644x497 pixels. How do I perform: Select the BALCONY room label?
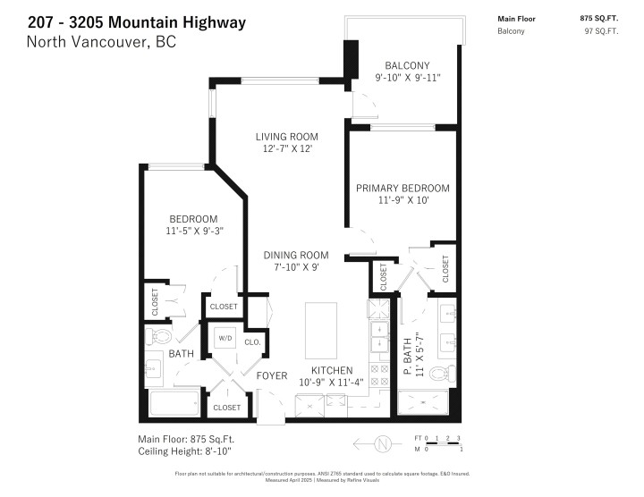point(407,65)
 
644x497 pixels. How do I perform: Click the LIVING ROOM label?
point(286,137)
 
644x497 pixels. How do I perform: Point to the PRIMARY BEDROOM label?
point(402,188)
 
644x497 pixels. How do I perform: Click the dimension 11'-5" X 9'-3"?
point(193,231)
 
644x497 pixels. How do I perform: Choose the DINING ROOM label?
point(295,255)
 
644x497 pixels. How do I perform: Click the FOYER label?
point(271,375)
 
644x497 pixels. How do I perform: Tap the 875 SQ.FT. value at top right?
point(600,18)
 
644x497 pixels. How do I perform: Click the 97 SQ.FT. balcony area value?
point(601,31)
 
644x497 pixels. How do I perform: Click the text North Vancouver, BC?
point(101,42)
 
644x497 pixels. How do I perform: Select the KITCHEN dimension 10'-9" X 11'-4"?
point(331,384)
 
